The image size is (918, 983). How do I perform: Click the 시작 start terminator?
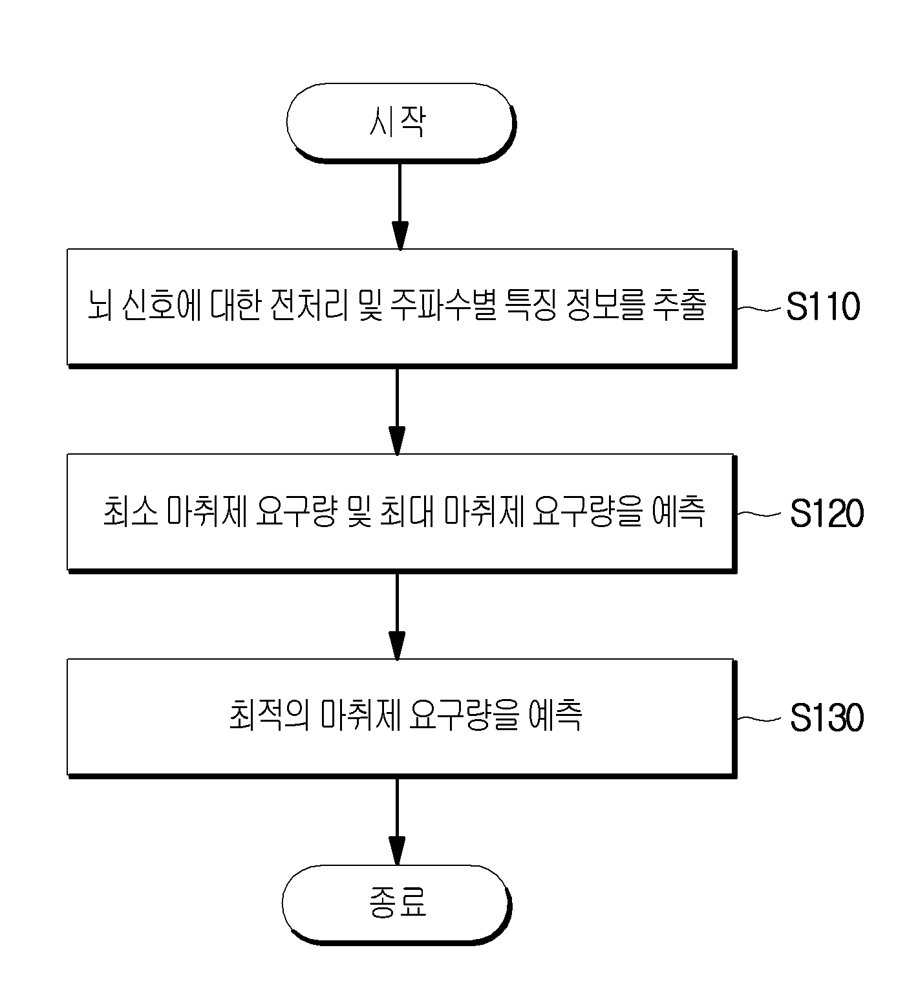(400, 122)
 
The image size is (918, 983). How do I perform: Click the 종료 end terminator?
(397, 902)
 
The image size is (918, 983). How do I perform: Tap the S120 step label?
(827, 514)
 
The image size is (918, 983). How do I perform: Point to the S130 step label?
(827, 718)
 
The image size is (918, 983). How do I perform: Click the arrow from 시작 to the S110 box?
(400, 206)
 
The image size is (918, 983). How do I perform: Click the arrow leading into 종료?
(397, 821)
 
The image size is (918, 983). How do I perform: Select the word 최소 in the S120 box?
(129, 513)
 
